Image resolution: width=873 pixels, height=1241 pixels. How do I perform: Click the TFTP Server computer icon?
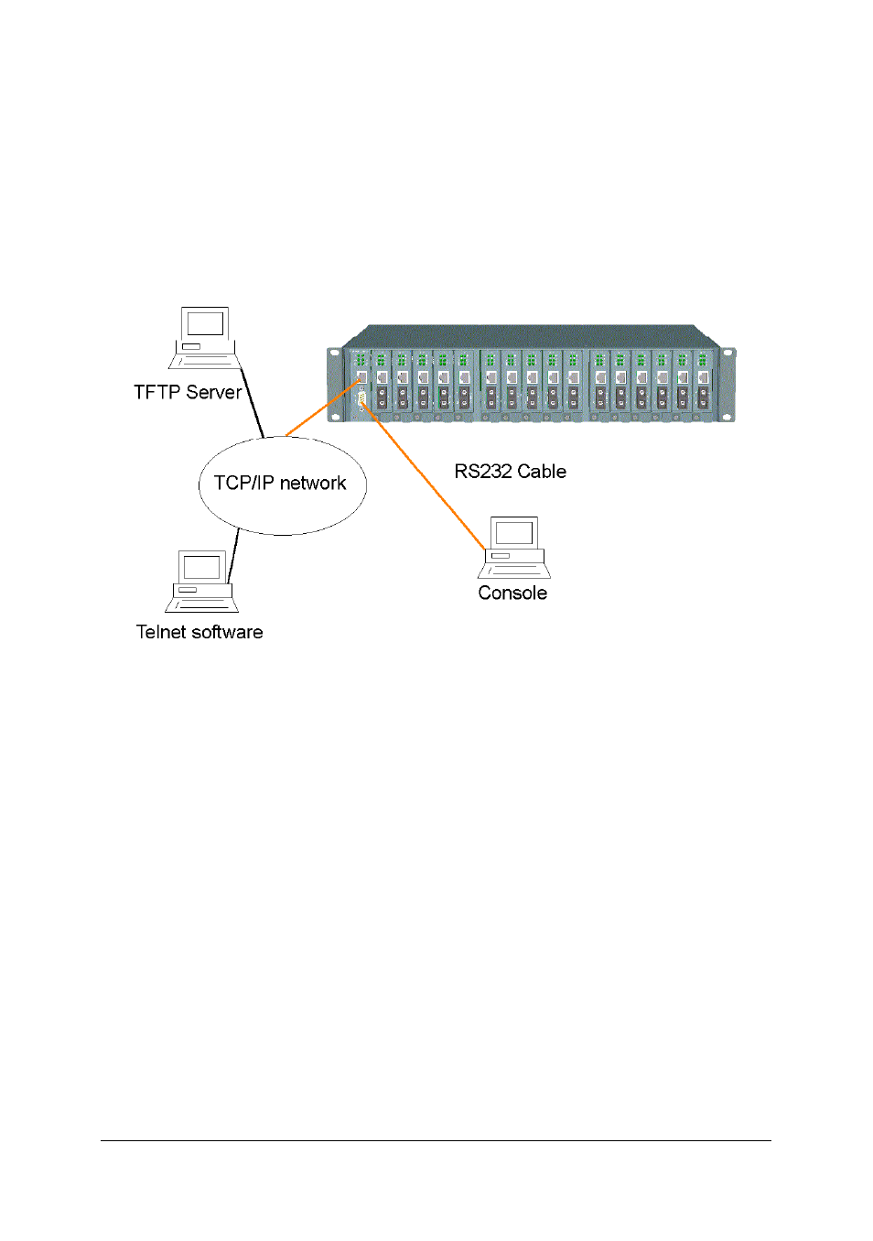tap(204, 337)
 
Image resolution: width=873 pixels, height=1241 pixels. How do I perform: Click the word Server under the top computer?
tap(213, 392)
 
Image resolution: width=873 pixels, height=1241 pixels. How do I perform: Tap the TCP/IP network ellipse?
tap(282, 509)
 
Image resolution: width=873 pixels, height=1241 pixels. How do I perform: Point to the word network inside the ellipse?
tap(313, 483)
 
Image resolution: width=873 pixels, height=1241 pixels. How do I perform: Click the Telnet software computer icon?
tap(201, 581)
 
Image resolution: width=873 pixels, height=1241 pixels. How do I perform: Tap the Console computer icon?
tap(514, 547)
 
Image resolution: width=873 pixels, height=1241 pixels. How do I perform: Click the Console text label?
tap(512, 593)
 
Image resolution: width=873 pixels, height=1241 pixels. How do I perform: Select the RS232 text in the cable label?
tap(483, 472)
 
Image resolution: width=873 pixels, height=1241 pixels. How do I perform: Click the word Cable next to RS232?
tap(542, 472)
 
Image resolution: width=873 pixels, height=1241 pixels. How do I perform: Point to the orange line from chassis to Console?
tap(426, 476)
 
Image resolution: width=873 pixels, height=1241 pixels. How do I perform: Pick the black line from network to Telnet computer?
tap(234, 554)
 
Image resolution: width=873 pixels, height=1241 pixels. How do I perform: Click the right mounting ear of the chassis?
tap(727, 385)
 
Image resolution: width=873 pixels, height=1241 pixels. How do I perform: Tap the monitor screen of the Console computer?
tap(514, 532)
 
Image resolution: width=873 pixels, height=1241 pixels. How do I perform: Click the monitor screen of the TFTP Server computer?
tap(205, 323)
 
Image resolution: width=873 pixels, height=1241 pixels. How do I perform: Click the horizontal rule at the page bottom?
tap(436, 1140)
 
